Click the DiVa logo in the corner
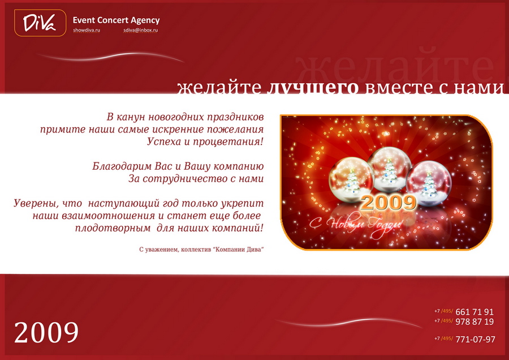point(40,23)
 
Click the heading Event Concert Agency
point(116,20)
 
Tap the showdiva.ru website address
point(87,30)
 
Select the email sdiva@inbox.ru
point(141,30)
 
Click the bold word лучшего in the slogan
point(313,87)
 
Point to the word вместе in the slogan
point(399,87)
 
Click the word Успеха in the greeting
point(163,142)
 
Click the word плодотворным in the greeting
point(113,228)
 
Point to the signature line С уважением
point(201,250)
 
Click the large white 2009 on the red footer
point(46,332)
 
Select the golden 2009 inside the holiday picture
point(389,203)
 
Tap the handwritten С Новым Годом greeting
point(356,225)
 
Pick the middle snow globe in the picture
point(389,169)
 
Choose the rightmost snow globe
point(429,184)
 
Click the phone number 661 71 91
point(475,312)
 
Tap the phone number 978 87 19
point(475,322)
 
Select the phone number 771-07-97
point(475,339)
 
